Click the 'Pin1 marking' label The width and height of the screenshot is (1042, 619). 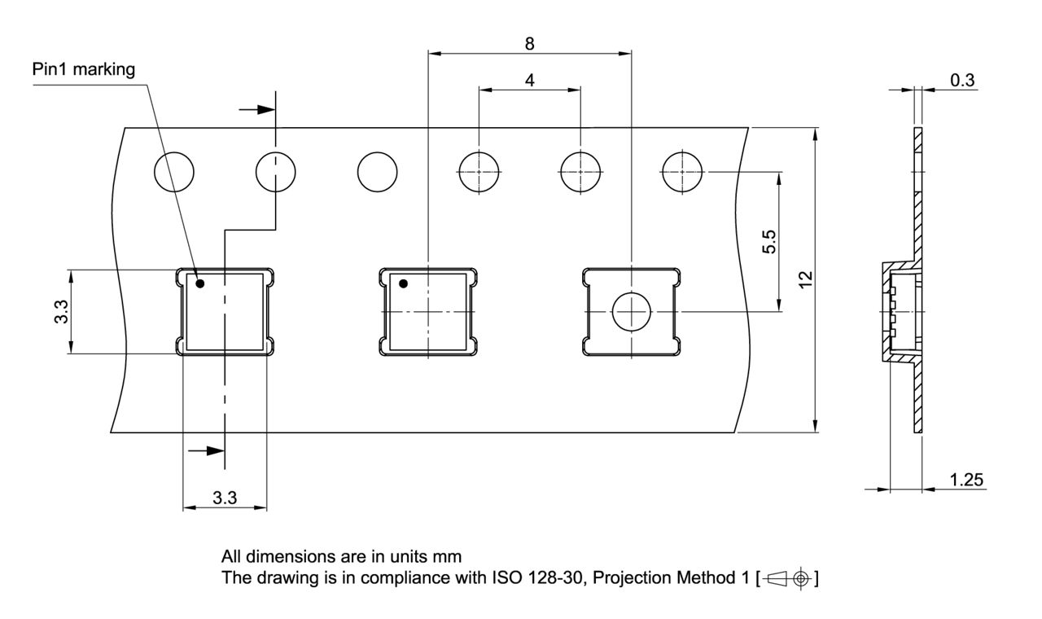click(83, 69)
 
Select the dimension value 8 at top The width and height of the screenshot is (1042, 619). click(529, 43)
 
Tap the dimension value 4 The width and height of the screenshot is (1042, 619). click(529, 81)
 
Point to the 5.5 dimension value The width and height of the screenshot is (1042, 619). click(769, 242)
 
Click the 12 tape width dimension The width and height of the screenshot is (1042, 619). click(805, 279)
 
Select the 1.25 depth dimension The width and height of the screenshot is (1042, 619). click(965, 480)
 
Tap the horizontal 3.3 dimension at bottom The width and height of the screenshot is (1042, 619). click(225, 498)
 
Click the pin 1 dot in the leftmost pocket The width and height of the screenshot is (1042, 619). click(199, 283)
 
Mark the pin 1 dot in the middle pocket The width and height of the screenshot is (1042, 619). click(402, 283)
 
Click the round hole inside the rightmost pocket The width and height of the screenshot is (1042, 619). click(631, 312)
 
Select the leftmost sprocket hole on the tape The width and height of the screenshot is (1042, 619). click(174, 172)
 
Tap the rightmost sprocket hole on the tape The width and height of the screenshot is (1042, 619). click(681, 172)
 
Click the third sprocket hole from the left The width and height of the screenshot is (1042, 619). click(377, 172)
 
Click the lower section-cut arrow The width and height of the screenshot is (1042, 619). click(205, 450)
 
